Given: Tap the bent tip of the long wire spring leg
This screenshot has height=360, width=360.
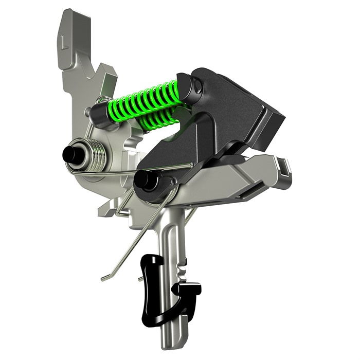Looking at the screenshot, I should tap(106, 278).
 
